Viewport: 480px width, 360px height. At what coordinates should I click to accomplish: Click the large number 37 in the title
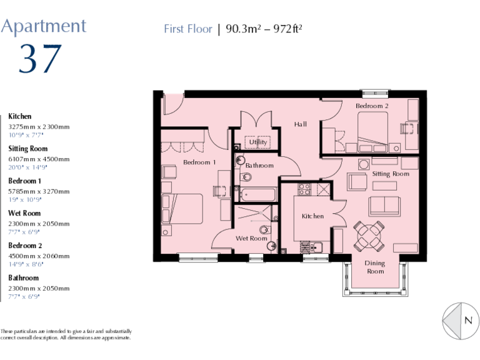click(x=41, y=59)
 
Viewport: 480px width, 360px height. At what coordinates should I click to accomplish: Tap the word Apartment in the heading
click(x=43, y=26)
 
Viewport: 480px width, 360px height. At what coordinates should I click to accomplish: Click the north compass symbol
click(x=460, y=320)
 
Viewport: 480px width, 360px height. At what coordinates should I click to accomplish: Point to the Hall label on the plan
click(x=301, y=124)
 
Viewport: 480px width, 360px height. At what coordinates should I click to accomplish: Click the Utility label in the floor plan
click(x=257, y=142)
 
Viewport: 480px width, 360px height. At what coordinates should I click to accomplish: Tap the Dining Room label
click(x=375, y=267)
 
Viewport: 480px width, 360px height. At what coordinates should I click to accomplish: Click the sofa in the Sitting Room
click(x=384, y=206)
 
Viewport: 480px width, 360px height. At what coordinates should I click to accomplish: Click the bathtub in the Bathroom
click(x=257, y=194)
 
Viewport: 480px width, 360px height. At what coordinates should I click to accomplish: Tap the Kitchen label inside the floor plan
click(x=313, y=216)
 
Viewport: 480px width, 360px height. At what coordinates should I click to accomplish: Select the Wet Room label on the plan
click(x=251, y=238)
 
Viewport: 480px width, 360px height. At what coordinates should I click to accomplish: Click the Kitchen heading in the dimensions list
click(x=19, y=116)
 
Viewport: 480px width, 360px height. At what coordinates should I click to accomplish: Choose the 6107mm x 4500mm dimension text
click(x=39, y=159)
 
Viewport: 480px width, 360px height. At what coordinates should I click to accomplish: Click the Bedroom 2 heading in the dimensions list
click(x=25, y=246)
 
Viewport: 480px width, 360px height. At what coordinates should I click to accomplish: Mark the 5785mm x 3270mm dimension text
click(x=39, y=191)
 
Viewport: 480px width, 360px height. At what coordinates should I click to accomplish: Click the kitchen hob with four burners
click(x=304, y=189)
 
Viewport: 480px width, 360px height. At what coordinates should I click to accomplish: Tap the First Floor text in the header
click(x=187, y=29)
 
